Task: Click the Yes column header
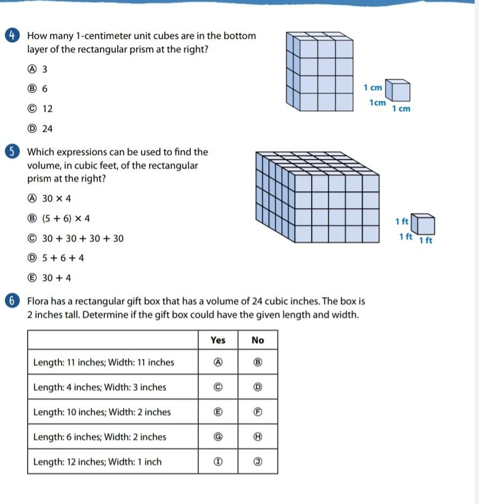coord(218,340)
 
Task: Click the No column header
coord(258,340)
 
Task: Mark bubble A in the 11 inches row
coord(218,362)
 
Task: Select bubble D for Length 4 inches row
coord(258,387)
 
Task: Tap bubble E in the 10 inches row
coord(218,412)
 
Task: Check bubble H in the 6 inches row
coord(258,437)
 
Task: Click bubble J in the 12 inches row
coord(258,462)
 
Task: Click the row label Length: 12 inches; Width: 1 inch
coord(97,462)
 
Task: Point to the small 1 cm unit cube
coord(400,91)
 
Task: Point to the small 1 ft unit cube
coord(424,224)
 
